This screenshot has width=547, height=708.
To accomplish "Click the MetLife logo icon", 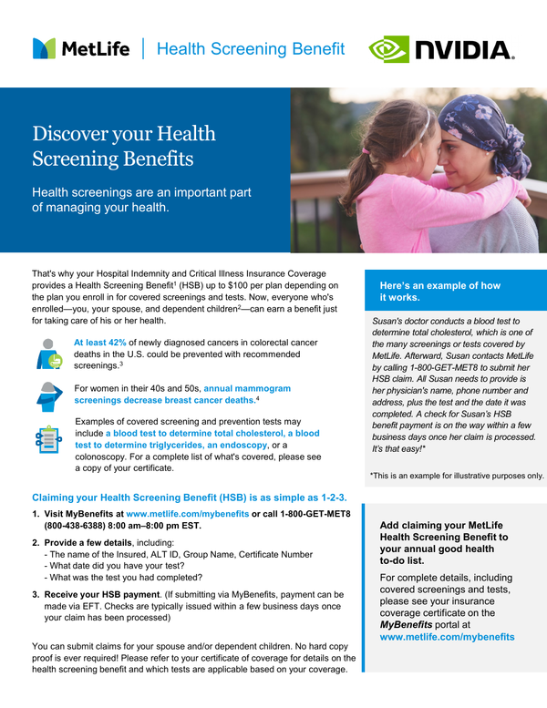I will click(x=44, y=48).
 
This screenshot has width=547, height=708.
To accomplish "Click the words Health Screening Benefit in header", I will click(x=251, y=48).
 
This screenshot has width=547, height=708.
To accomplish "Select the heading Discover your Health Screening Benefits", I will click(x=124, y=147).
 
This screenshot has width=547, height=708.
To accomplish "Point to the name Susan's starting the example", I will click(x=389, y=320).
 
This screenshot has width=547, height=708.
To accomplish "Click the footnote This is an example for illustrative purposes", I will click(x=456, y=475).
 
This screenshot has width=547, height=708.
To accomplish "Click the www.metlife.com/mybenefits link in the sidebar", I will click(x=447, y=637).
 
